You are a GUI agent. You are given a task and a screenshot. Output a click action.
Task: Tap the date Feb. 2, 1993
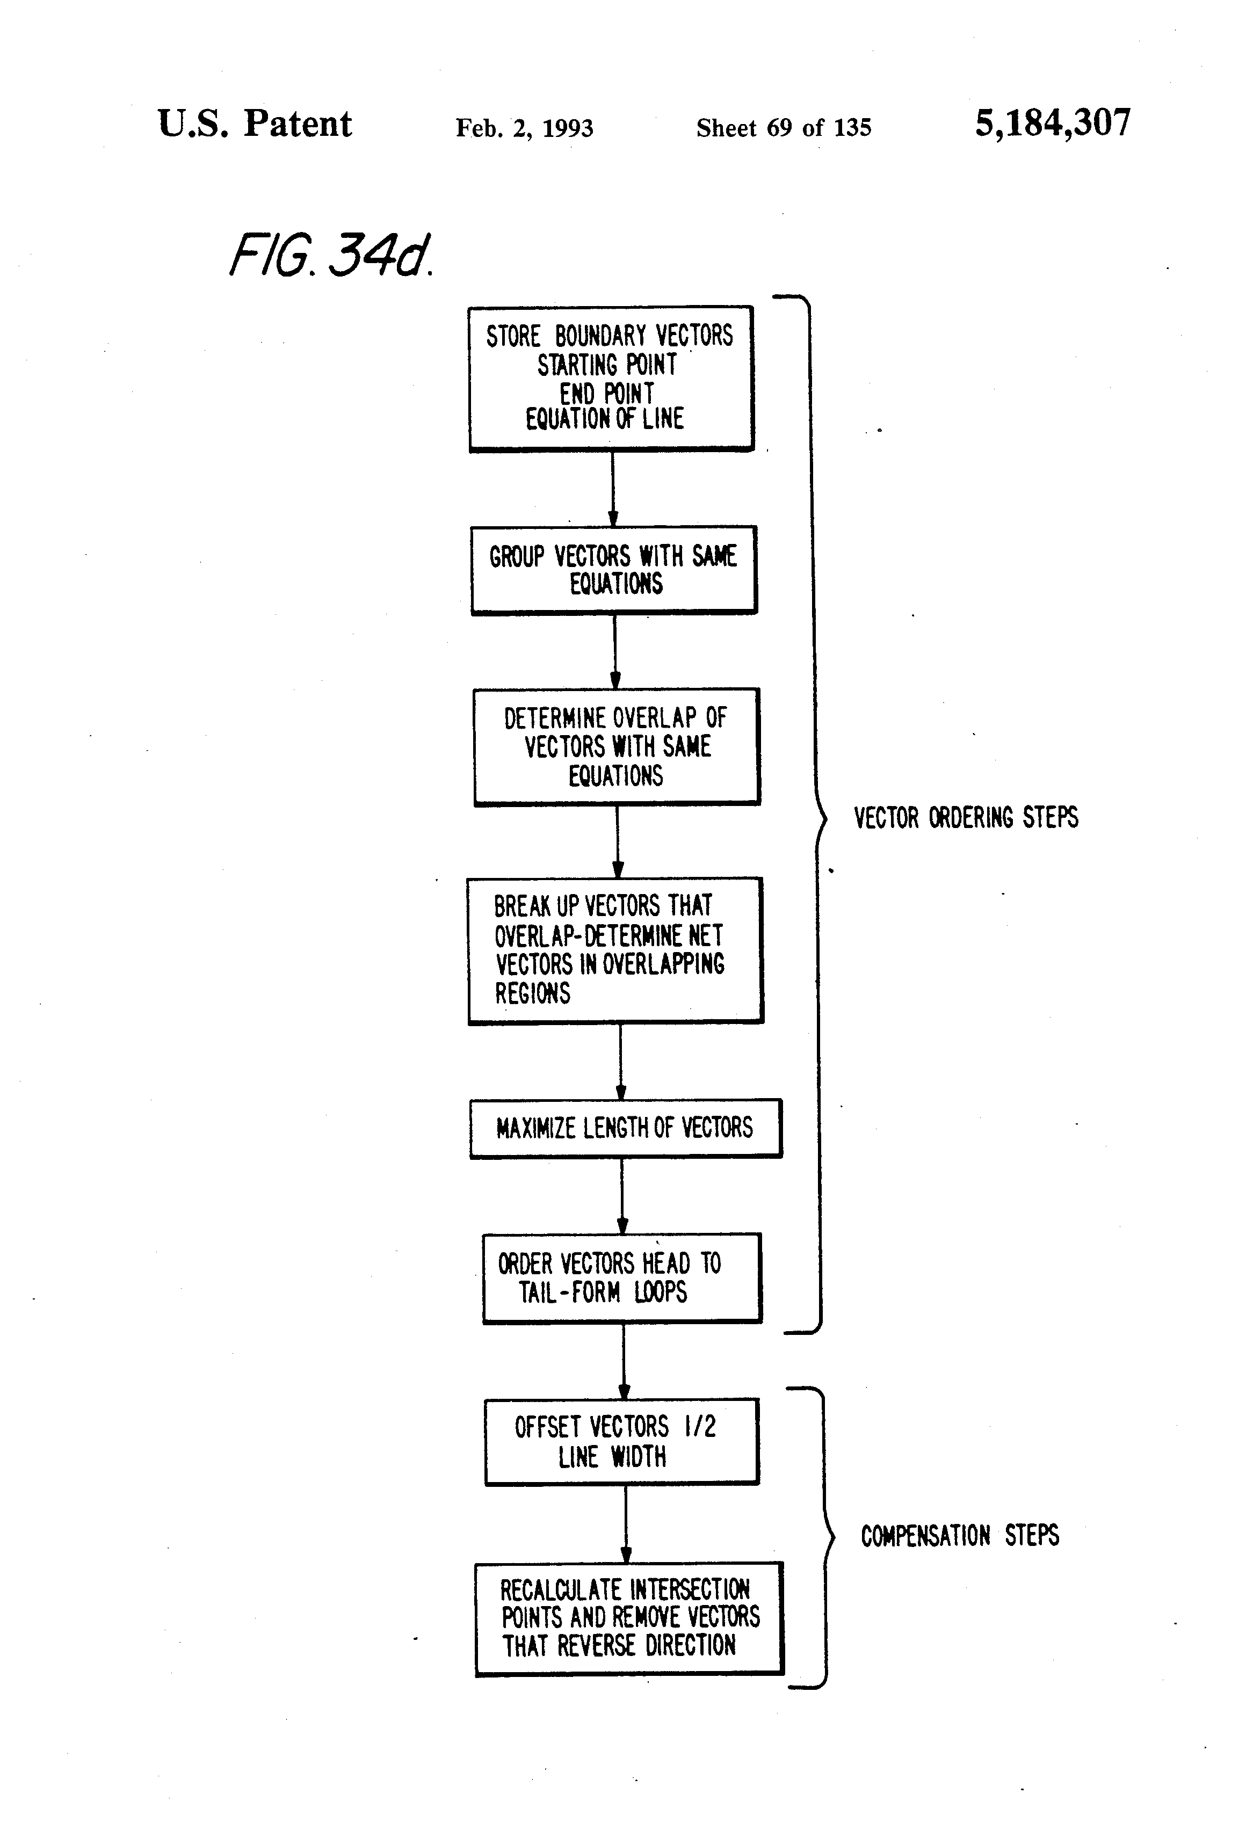(525, 128)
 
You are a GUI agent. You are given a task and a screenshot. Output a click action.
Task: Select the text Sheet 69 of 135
(784, 128)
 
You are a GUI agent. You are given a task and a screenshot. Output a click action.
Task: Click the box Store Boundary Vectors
(611, 379)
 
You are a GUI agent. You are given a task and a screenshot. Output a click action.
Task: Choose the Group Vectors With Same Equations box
(613, 570)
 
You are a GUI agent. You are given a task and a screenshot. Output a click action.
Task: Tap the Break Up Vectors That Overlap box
(615, 950)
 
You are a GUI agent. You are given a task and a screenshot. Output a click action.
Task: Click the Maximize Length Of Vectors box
(625, 1128)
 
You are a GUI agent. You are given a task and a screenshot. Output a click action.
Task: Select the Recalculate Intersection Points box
(629, 1618)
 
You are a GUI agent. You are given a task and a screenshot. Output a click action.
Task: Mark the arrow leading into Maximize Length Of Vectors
(621, 1062)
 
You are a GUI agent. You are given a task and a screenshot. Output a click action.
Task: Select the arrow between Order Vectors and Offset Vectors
(624, 1361)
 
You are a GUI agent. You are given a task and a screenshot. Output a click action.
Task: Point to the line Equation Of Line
(605, 419)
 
